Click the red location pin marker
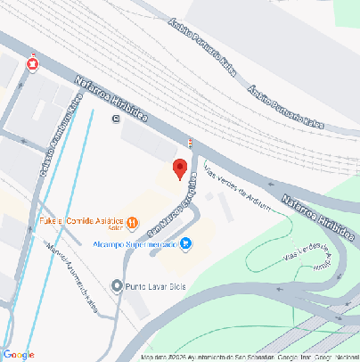(179, 169)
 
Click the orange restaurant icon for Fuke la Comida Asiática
(132, 222)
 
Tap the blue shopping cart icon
(185, 243)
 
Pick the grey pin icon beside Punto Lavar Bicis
(117, 286)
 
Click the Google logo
(19, 354)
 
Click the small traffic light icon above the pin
(189, 143)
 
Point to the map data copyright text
(250, 357)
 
